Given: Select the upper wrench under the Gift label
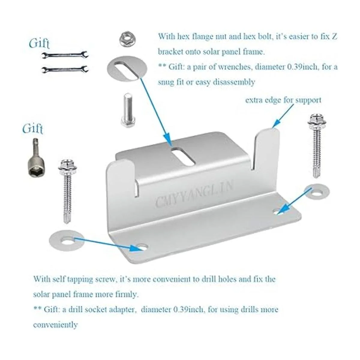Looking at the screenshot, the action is (64, 55).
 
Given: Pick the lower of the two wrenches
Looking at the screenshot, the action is (64, 69).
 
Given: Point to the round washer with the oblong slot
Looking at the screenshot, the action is (127, 68).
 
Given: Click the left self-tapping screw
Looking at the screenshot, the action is (67, 191).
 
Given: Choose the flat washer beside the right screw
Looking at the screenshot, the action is (317, 192).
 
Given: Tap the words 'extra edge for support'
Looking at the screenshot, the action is (283, 100).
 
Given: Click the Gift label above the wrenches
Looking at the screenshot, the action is (40, 43).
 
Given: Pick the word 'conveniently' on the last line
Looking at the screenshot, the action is (55, 325).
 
